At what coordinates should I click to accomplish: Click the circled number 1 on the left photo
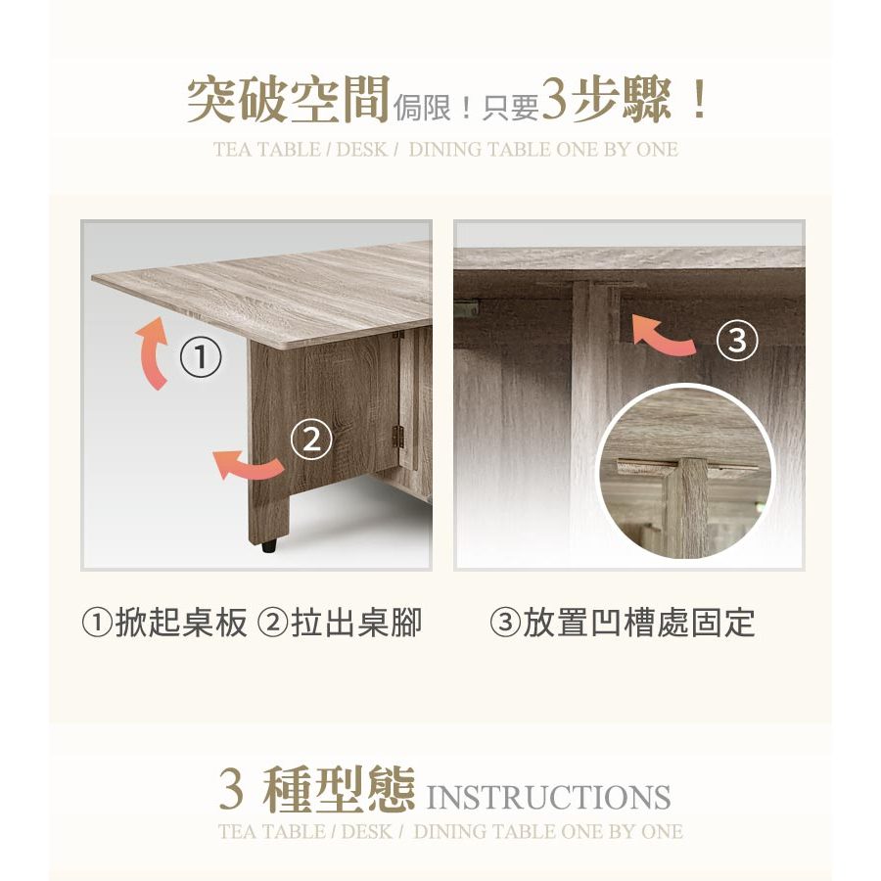point(201,357)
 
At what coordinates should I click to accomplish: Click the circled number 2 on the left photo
point(311,440)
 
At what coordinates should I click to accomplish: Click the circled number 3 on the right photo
point(737,340)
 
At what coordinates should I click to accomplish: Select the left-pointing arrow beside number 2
point(248,465)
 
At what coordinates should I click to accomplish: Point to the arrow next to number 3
point(663,336)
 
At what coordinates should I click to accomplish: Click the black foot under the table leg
point(270,545)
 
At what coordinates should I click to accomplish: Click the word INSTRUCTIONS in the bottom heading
point(548,797)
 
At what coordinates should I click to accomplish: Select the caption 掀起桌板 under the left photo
point(181,623)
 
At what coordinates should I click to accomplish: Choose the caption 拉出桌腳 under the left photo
point(356,623)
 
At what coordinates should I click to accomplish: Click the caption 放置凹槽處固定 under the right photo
point(639,623)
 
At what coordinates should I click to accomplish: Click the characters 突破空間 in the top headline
point(288,100)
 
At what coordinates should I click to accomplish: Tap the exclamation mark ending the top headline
point(700,100)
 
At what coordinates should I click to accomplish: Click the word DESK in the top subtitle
point(362,150)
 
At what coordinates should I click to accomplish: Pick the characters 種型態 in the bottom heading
point(339,790)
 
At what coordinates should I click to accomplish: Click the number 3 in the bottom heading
point(231,790)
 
